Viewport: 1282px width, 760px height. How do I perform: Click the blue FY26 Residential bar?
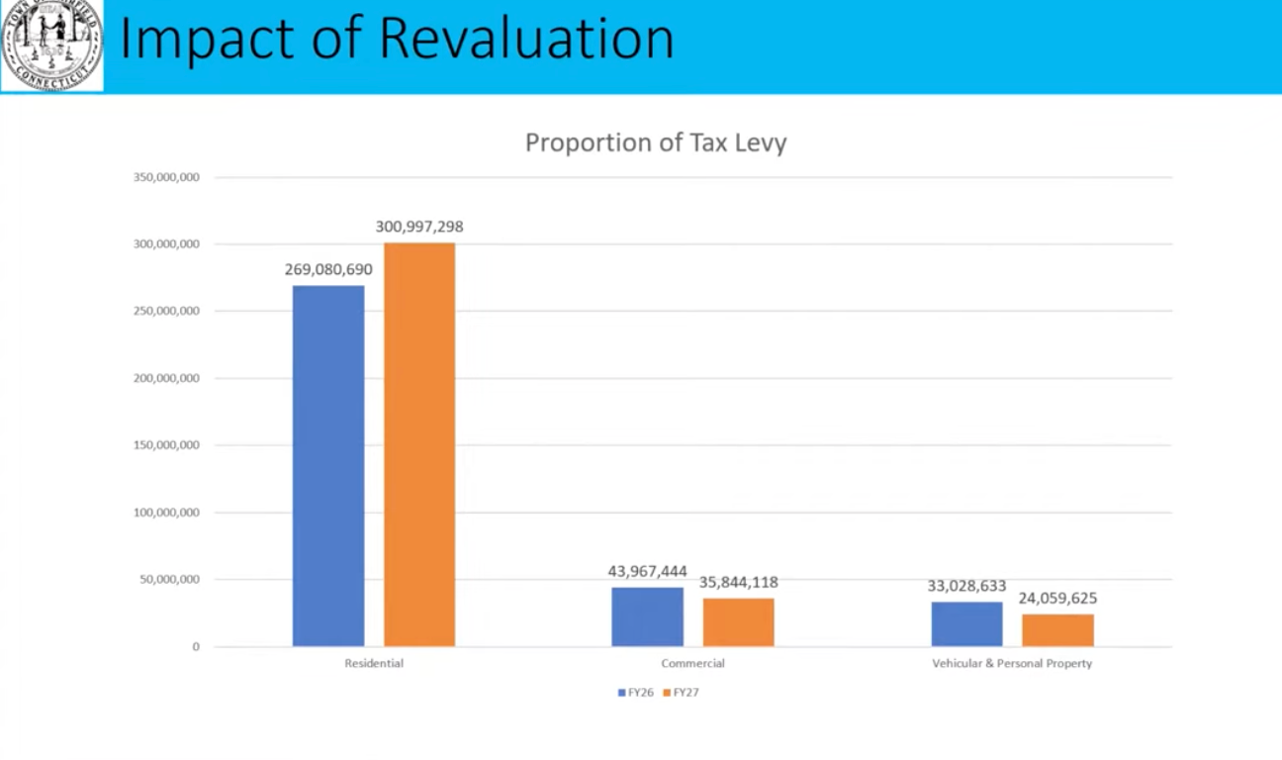[328, 465]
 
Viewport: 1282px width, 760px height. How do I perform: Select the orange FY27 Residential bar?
[419, 445]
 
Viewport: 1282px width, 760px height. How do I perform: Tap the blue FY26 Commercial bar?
[647, 617]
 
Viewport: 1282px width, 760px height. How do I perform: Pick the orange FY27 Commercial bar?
[739, 621]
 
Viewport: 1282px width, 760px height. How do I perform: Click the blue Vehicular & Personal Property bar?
[966, 623]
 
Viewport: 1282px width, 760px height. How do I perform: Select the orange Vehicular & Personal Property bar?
[1057, 630]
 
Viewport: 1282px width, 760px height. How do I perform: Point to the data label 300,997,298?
[419, 227]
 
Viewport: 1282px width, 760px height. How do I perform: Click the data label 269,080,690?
[328, 269]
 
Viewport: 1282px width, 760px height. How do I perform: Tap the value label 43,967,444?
[647, 572]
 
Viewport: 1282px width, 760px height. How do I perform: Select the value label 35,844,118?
[739, 582]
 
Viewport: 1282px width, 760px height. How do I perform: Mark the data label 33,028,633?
[966, 586]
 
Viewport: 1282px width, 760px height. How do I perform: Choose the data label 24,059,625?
[1057, 599]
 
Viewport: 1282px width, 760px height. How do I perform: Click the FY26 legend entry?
[636, 693]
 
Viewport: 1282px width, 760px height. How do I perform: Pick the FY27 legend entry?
[682, 693]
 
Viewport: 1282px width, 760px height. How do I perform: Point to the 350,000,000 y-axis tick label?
[166, 178]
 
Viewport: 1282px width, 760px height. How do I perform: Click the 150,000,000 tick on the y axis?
[166, 445]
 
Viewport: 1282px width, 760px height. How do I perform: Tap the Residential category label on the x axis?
[374, 663]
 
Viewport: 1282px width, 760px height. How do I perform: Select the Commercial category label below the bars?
[692, 663]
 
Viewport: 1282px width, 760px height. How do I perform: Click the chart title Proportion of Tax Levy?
[656, 142]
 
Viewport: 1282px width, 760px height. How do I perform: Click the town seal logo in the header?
[52, 46]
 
